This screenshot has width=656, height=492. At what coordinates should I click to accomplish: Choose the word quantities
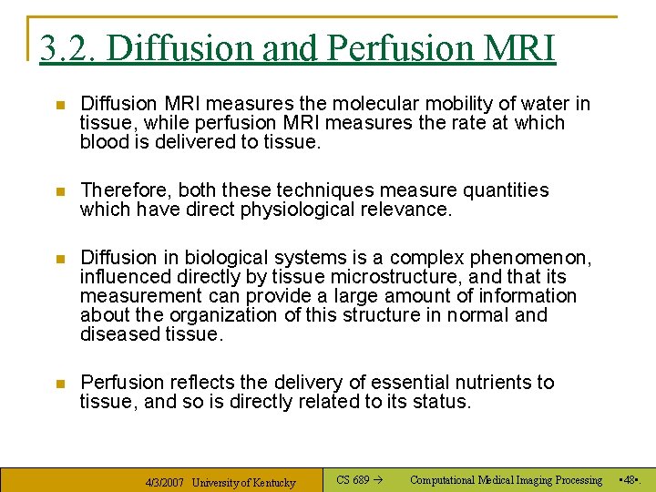pyautogui.click(x=497, y=190)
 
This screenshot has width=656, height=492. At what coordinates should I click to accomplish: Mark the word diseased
pyautogui.click(x=118, y=334)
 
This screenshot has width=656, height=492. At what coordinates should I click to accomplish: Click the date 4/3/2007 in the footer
pyautogui.click(x=165, y=482)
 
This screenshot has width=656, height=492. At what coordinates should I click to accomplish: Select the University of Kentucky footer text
pyautogui.click(x=243, y=482)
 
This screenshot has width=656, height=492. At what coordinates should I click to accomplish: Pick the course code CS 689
pyautogui.click(x=353, y=480)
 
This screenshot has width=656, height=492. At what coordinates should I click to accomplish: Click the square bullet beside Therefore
pyautogui.click(x=60, y=191)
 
